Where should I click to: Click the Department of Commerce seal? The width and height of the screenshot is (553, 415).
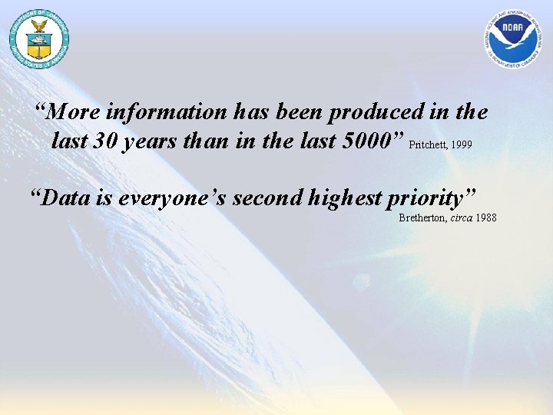point(38,39)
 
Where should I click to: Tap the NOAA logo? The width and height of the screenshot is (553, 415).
point(513,39)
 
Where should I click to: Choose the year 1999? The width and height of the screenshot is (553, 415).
point(462,144)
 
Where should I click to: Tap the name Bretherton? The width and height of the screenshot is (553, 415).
point(423,218)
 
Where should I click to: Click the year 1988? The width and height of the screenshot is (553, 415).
point(486,218)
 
